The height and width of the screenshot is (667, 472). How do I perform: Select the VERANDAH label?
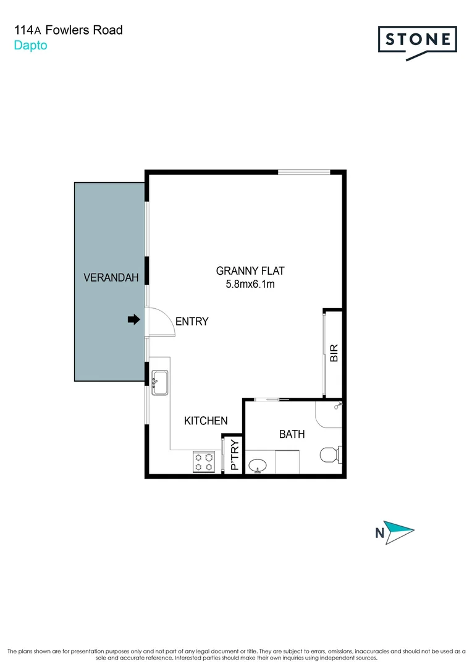click(111, 278)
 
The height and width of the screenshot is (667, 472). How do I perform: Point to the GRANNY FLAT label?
click(250, 271)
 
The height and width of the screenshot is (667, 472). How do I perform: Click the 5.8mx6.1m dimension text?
click(250, 285)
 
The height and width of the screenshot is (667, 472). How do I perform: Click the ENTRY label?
click(192, 322)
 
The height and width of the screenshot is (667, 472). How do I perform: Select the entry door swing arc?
click(164, 321)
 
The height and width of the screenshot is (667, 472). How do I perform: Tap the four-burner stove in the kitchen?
click(205, 462)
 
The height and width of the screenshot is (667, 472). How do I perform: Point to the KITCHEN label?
click(206, 421)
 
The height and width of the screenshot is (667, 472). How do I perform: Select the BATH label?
click(292, 434)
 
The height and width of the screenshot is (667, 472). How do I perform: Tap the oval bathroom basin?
click(259, 465)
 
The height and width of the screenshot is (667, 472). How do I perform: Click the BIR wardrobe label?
click(334, 353)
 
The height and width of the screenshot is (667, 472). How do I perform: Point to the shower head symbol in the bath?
click(337, 405)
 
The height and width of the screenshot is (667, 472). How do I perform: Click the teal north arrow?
click(400, 531)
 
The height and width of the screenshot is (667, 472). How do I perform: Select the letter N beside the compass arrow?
click(379, 532)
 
